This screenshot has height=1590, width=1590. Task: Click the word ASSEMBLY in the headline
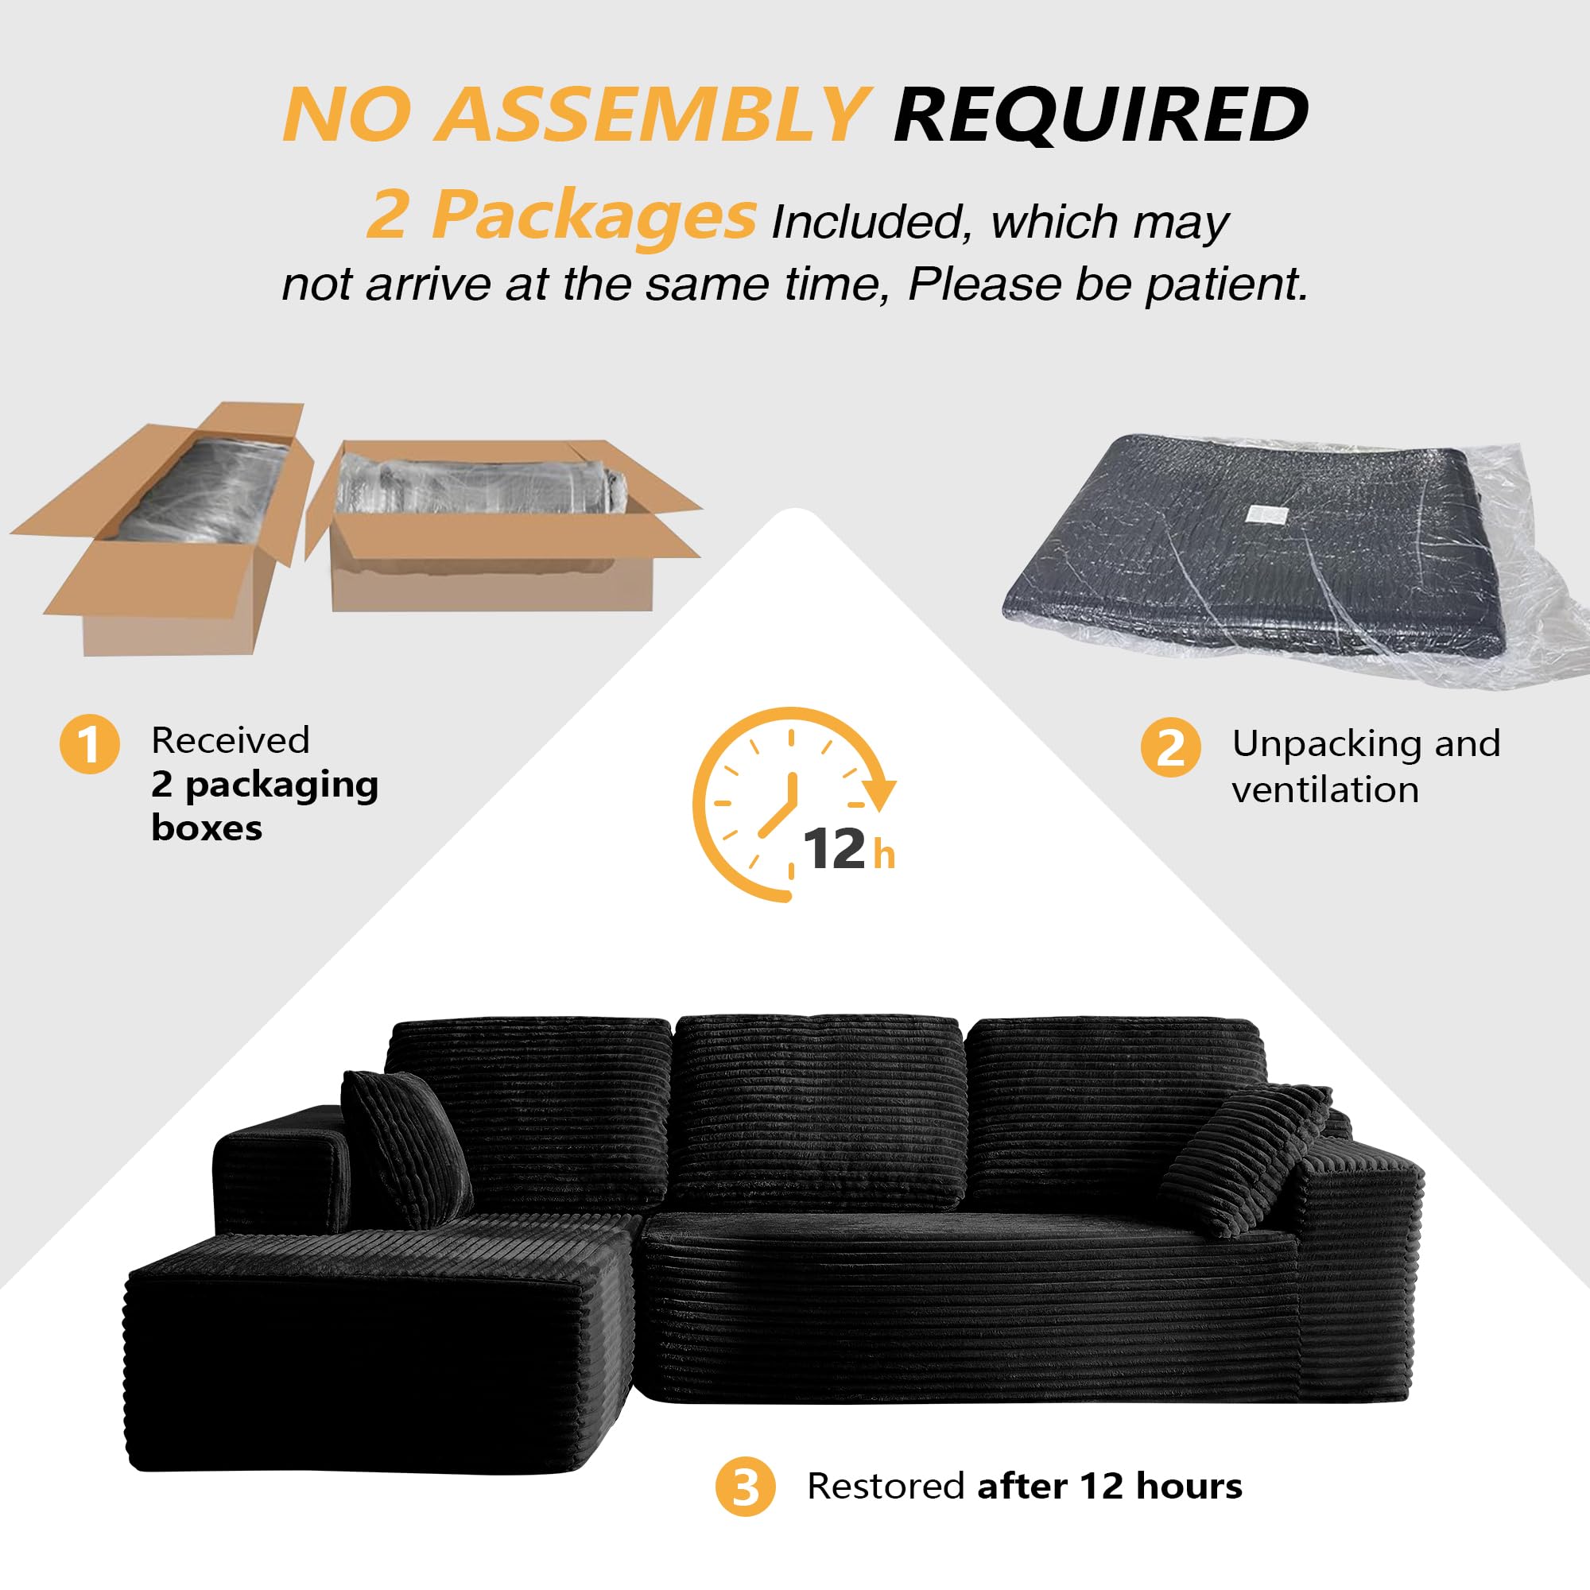point(650,115)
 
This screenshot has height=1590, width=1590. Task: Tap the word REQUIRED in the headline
point(1100,115)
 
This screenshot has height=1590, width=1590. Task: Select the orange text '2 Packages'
point(560,215)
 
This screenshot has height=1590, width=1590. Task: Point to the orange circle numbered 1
point(90,744)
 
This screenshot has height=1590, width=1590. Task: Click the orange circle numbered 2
point(1170,747)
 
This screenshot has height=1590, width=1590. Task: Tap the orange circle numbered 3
point(745,1487)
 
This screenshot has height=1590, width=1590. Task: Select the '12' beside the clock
point(834,849)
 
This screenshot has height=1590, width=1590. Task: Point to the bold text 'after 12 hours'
point(1109,1487)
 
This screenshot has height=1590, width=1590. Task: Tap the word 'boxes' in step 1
point(207,828)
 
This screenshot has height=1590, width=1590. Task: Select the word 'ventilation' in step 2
point(1325,790)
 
